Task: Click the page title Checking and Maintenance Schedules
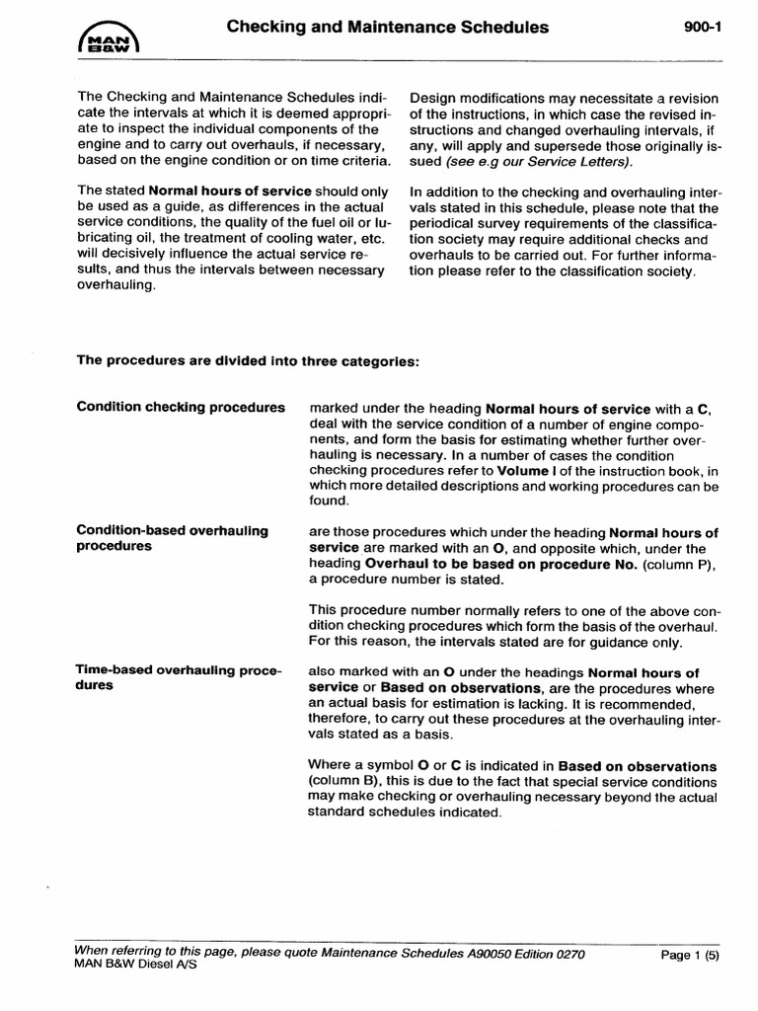tap(388, 28)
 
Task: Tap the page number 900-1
tap(703, 29)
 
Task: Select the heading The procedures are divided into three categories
tap(248, 360)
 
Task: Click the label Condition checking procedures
tap(181, 408)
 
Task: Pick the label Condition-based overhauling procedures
tap(173, 538)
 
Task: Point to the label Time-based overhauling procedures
tap(179, 678)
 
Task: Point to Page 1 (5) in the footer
tap(689, 956)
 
